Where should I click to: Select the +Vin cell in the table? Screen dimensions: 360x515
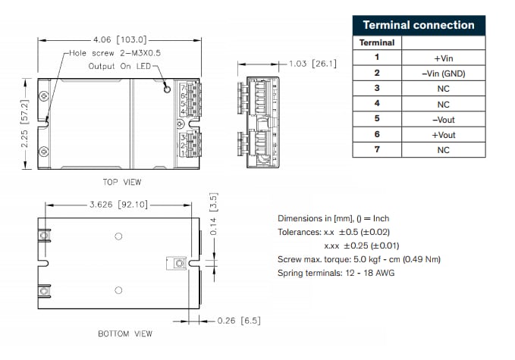pyautogui.click(x=443, y=57)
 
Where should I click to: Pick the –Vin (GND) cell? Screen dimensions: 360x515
pyautogui.click(x=443, y=73)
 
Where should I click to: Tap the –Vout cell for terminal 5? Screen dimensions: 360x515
pyautogui.click(x=443, y=119)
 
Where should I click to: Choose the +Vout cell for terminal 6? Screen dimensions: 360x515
pyautogui.click(x=443, y=134)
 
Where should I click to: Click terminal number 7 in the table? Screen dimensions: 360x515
pyautogui.click(x=377, y=150)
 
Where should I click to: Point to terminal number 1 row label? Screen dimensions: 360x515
pyautogui.click(x=377, y=57)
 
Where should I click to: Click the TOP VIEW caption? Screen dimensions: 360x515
pyautogui.click(x=121, y=182)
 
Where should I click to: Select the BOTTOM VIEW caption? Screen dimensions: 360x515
pyautogui.click(x=125, y=333)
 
